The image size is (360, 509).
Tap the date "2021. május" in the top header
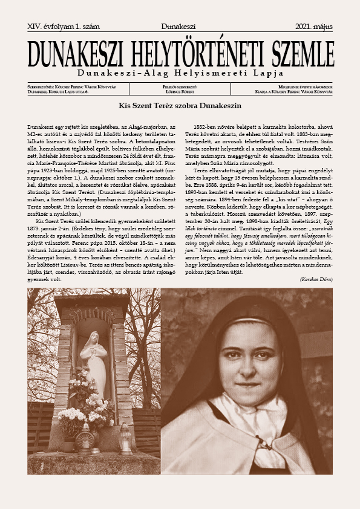tap(313, 27)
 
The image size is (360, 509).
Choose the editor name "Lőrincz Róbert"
tap(180, 91)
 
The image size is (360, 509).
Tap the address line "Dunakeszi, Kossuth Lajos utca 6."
tap(58, 91)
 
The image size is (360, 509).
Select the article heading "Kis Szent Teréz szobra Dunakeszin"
tap(180, 105)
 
